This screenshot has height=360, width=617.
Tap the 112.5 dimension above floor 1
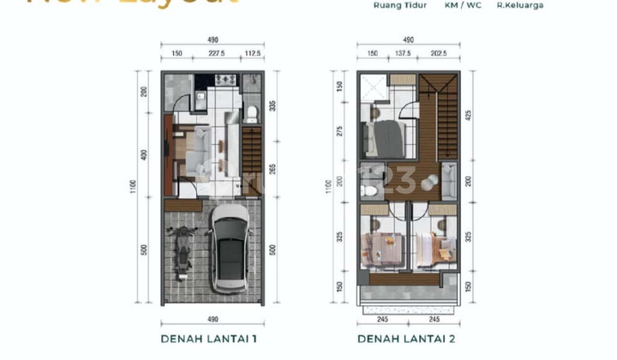click(x=253, y=52)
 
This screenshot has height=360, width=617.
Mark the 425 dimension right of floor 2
click(x=468, y=114)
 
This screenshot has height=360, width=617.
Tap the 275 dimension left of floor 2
click(x=339, y=130)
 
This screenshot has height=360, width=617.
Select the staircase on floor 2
click(x=438, y=116)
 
